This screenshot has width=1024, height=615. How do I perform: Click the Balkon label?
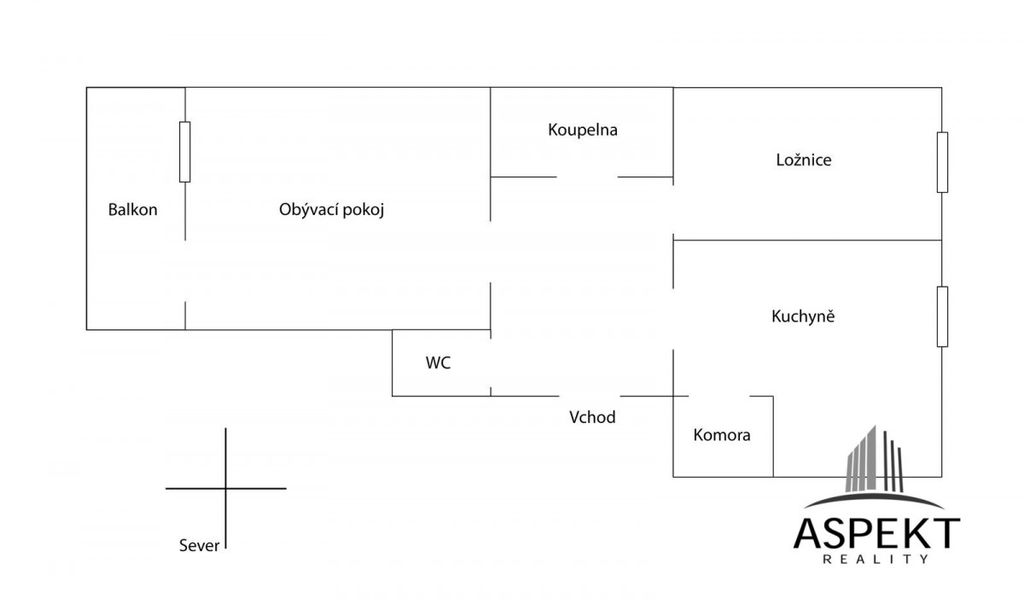coord(132,210)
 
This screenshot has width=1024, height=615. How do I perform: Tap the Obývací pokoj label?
coord(331,210)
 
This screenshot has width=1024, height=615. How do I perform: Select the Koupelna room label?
coord(582,130)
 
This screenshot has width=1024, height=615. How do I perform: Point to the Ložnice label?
coord(804,160)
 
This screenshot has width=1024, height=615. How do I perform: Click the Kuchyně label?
coord(803,316)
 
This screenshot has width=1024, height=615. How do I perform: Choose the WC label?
coord(438,363)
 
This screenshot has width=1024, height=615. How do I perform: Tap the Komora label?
coord(722,435)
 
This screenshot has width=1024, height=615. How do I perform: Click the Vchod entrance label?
coord(592,417)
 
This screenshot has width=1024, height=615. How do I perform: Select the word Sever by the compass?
coord(200,546)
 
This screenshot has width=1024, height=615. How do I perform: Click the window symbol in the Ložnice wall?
coord(942,162)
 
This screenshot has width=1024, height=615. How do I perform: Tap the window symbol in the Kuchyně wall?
coord(942,316)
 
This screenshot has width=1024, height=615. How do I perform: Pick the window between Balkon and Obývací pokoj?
coord(184,152)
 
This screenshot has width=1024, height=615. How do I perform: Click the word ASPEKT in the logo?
coord(876,533)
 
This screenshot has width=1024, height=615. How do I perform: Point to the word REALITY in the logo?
coord(876,560)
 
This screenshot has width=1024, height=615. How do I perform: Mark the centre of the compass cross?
coord(226,489)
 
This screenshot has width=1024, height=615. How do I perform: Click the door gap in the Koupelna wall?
coord(587,177)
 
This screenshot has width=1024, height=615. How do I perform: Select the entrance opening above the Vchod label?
coord(590,396)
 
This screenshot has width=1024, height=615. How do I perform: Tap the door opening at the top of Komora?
coord(719,396)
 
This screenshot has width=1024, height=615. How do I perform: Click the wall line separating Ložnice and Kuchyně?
coord(807,240)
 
